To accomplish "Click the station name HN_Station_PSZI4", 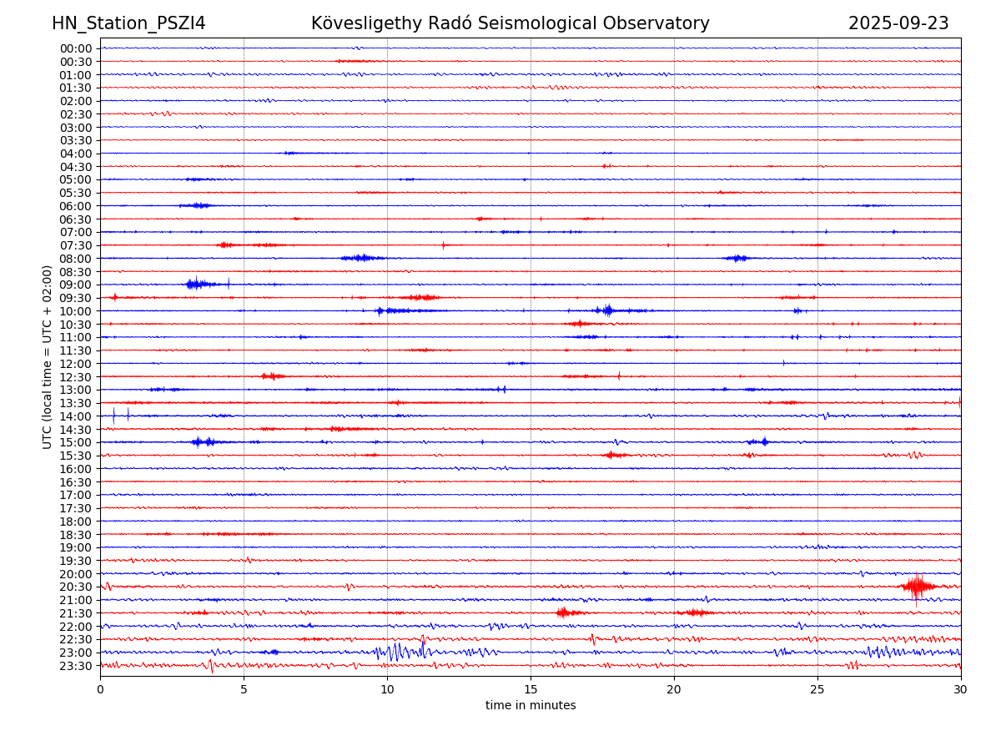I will tap(128, 23).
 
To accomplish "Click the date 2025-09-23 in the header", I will tap(898, 23).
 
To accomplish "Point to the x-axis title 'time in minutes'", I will tap(531, 705).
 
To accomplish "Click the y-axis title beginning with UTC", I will tap(48, 357).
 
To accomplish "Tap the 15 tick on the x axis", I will tap(531, 690).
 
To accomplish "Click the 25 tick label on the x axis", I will tap(817, 690).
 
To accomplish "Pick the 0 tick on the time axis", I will tap(100, 690).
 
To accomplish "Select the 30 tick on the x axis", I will tap(961, 690).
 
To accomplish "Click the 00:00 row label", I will tap(76, 48).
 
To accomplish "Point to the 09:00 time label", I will tap(76, 285).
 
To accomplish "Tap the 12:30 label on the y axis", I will tap(76, 376).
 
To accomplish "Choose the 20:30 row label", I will tap(76, 587).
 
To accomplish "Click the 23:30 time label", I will tap(76, 665).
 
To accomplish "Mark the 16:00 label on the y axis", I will tap(76, 468).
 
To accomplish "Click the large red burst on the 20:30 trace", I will tap(916, 586).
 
